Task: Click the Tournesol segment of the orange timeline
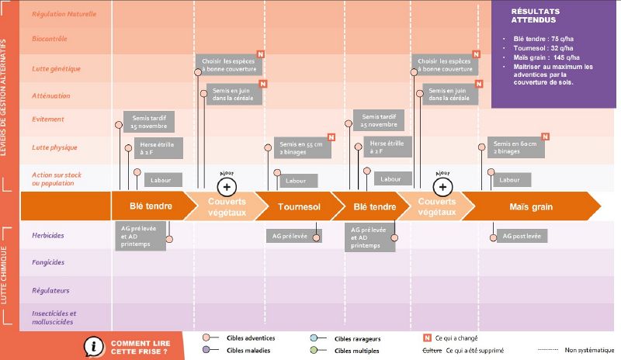299,207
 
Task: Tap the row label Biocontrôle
49,38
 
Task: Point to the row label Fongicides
49,262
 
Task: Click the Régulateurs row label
50,290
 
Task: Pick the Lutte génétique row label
56,68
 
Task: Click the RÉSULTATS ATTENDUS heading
535,16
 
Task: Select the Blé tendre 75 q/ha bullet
544,38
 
